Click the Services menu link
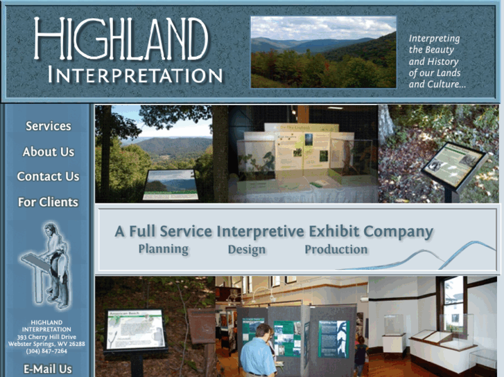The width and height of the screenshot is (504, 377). pos(48,126)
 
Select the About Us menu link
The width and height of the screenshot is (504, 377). pos(48,151)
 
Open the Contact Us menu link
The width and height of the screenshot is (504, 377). pos(48,176)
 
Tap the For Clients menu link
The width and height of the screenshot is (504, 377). pos(48,202)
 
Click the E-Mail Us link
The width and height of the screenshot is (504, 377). pos(48,369)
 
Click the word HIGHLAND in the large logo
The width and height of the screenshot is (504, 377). pos(121,39)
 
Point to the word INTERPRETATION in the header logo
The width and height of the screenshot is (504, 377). pos(135,75)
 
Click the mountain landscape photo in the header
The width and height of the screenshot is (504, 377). pos(323,53)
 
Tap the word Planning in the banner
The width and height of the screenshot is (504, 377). pos(163,249)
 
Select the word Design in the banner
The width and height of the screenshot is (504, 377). pos(246,250)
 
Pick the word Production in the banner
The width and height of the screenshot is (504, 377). pos(336,249)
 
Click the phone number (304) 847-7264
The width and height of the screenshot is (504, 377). pos(48,351)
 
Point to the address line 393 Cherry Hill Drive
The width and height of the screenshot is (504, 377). pos(48,337)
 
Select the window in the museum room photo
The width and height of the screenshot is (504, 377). pos(455,302)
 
